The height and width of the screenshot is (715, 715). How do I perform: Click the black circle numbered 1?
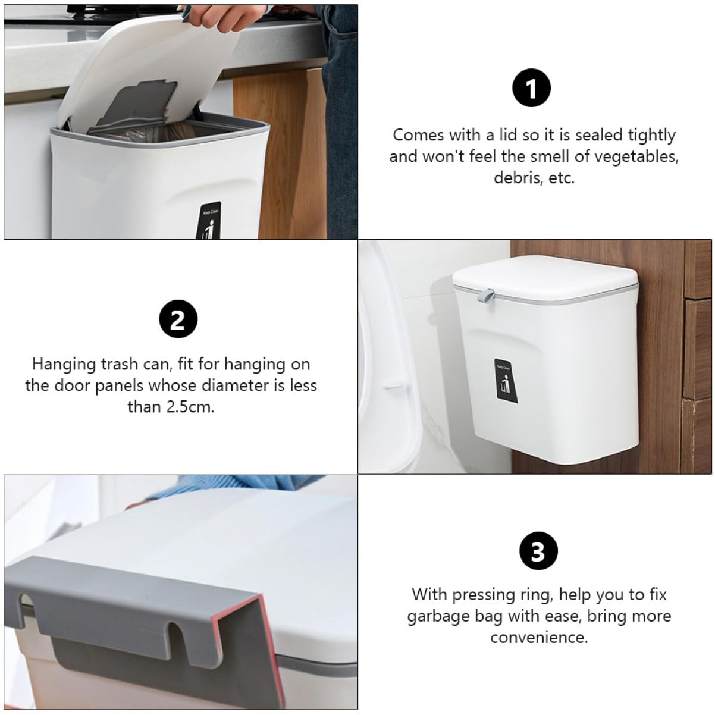point(531,88)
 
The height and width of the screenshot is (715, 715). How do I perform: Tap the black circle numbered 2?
point(178,319)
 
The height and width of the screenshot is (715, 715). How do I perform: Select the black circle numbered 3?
point(538,551)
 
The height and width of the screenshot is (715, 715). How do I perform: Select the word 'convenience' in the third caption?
point(539,638)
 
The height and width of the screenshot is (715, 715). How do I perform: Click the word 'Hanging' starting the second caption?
point(65,365)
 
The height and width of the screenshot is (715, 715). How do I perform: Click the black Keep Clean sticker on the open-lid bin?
point(211,221)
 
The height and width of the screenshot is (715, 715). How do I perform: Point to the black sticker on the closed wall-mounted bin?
point(506,381)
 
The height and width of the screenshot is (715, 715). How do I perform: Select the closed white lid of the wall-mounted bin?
point(545,277)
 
